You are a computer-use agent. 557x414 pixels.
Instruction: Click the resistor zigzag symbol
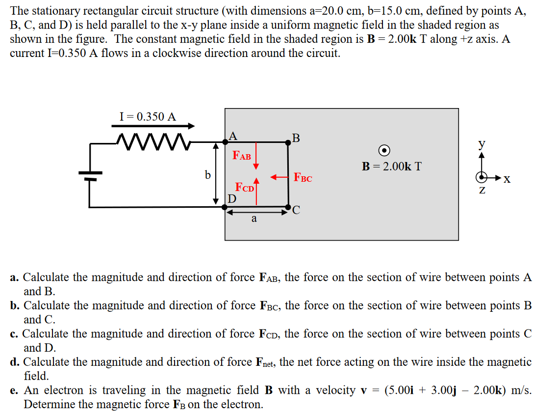(152, 141)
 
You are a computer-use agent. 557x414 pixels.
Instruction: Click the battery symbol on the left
(90, 175)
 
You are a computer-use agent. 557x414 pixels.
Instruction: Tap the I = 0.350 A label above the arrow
(148, 116)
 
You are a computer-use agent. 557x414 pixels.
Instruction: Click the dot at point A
(226, 141)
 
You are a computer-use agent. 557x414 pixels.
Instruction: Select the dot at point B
(288, 141)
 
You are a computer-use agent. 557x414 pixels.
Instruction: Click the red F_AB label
(242, 156)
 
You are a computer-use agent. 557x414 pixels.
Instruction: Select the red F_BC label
(303, 178)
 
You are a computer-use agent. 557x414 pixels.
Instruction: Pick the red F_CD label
(245, 188)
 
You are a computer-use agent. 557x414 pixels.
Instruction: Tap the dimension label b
(207, 174)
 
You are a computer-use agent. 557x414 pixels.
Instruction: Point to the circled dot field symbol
(385, 150)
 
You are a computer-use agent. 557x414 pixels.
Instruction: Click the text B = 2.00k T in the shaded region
(392, 166)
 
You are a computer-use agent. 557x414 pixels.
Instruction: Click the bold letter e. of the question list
(15, 391)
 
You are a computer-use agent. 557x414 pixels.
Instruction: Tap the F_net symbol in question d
(265, 363)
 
